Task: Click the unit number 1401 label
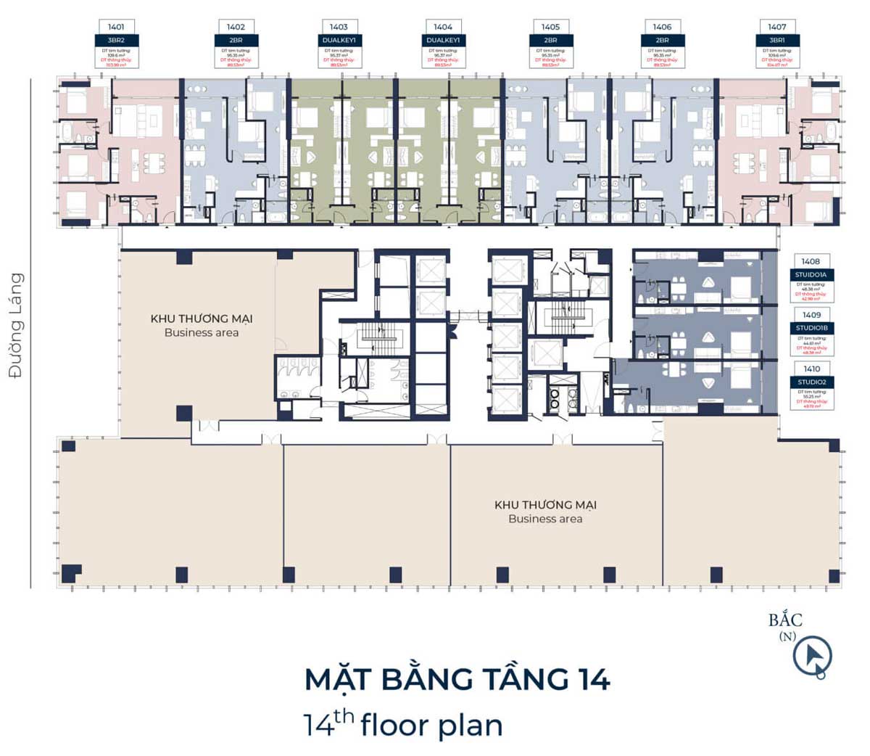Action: (116, 27)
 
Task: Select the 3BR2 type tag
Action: (116, 40)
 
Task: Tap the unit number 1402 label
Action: (236, 27)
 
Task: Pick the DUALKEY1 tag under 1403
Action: (339, 40)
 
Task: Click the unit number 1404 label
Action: (443, 27)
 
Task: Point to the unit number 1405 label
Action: (550, 27)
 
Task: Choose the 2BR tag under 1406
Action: (662, 40)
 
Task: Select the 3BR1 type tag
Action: (776, 40)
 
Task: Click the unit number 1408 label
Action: (811, 261)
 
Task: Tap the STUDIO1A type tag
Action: (811, 274)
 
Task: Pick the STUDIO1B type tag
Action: (811, 328)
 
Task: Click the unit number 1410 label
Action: (811, 369)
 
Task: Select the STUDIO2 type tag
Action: (811, 382)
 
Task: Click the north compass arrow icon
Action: (812, 657)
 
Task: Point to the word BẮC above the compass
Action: (786, 620)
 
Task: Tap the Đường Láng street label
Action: (16, 324)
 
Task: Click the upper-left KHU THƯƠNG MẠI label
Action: (202, 319)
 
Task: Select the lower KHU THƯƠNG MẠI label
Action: (545, 505)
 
